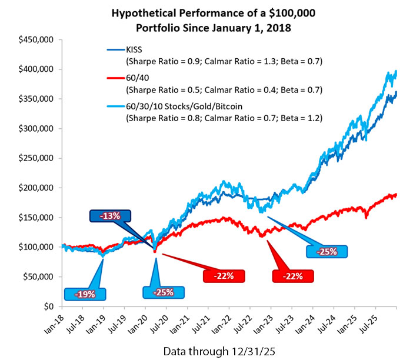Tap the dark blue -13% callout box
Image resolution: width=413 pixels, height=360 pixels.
tap(110, 216)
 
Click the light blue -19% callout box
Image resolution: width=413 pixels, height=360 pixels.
tap(86, 294)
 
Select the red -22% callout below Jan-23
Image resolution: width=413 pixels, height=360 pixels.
tap(292, 275)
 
